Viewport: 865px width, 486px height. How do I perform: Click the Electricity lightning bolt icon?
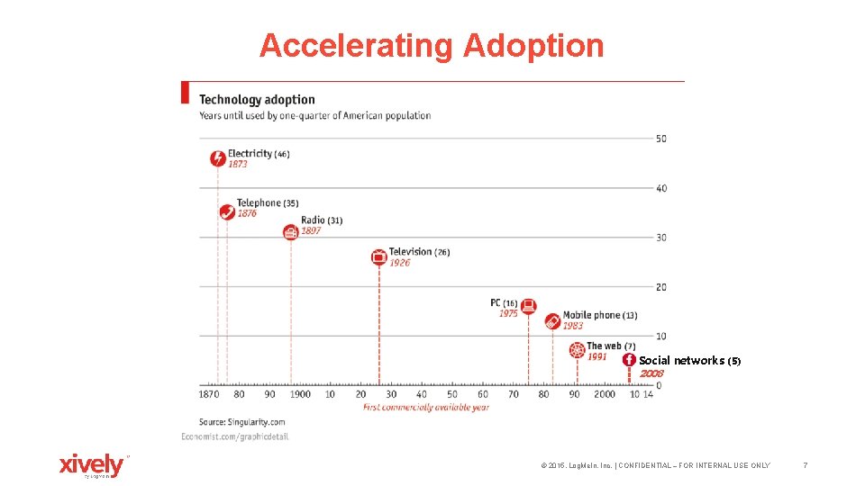pyautogui.click(x=217, y=159)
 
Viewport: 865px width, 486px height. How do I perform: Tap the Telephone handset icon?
pyautogui.click(x=227, y=212)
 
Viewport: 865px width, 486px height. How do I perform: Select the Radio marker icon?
pyautogui.click(x=290, y=232)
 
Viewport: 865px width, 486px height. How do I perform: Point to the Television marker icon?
pyautogui.click(x=379, y=257)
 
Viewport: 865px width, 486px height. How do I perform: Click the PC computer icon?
pyautogui.click(x=529, y=305)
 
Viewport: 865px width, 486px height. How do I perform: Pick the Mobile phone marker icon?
pyautogui.click(x=553, y=320)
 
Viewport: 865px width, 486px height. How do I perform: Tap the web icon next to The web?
pyautogui.click(x=577, y=350)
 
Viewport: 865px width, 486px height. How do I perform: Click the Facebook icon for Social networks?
pyautogui.click(x=629, y=360)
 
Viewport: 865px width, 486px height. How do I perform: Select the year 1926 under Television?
pyautogui.click(x=399, y=263)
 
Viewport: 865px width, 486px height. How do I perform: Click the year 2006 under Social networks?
pyautogui.click(x=651, y=373)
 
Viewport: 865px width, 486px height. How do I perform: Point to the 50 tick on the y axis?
pyautogui.click(x=660, y=139)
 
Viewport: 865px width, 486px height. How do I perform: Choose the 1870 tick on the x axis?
pyautogui.click(x=209, y=394)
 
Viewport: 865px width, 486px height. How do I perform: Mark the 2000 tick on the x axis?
pyautogui.click(x=605, y=394)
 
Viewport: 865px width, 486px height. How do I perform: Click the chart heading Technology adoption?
pyautogui.click(x=257, y=100)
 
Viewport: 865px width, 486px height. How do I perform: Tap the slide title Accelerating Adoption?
pyautogui.click(x=432, y=45)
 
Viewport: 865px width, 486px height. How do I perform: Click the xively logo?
pyautogui.click(x=92, y=465)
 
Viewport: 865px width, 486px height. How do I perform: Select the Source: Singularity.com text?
pyautogui.click(x=242, y=421)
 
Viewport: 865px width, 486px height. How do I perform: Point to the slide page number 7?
pyautogui.click(x=805, y=465)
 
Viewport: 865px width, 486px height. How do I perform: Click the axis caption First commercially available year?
pyautogui.click(x=426, y=408)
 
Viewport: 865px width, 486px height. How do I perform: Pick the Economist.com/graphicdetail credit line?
pyautogui.click(x=234, y=436)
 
